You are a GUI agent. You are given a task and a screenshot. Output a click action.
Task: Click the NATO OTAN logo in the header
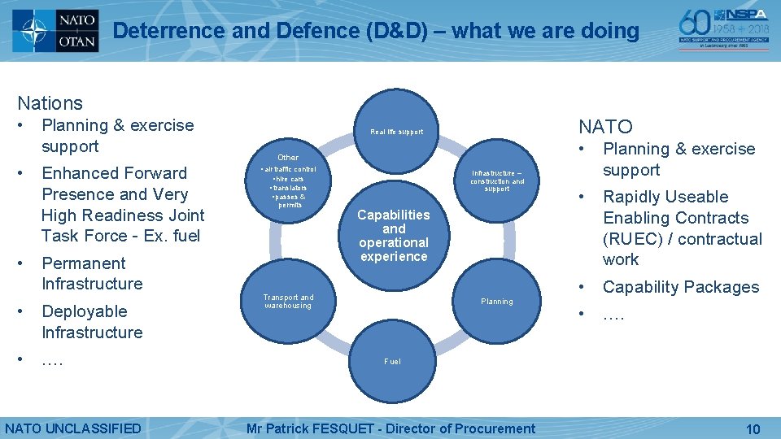[x=55, y=31]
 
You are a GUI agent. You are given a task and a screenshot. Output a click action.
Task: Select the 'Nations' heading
[x=50, y=103]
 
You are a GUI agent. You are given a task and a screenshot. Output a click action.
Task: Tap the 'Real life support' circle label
[x=396, y=132]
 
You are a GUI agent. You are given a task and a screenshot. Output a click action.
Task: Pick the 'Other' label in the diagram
[x=288, y=157]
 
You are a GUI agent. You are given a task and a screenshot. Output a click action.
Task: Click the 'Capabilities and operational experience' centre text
[x=394, y=236]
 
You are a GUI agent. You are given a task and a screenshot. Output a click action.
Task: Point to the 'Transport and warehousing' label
[x=288, y=302]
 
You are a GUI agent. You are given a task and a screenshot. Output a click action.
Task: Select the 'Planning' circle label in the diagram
[x=496, y=302]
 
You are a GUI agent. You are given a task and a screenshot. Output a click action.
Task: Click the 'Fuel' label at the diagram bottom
[x=392, y=362]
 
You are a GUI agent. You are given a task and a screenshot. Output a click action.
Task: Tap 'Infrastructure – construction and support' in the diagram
[x=497, y=180]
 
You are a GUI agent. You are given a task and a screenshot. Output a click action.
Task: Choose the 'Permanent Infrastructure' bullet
[x=91, y=273]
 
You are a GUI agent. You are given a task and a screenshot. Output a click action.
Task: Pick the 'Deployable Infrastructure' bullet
[x=91, y=322]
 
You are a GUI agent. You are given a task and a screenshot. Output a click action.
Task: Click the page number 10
[x=753, y=428]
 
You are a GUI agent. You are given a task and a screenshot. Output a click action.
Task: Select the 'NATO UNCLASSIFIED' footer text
[x=73, y=428]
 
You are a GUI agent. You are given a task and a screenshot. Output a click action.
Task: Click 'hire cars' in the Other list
[x=289, y=179]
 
